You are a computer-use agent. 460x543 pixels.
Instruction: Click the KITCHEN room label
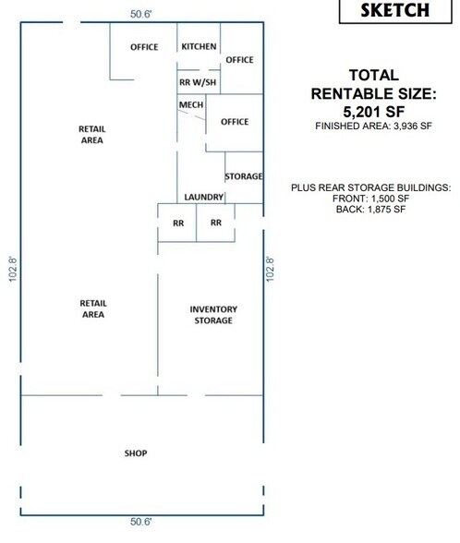[x=199, y=47]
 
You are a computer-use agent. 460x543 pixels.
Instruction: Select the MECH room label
[x=190, y=105]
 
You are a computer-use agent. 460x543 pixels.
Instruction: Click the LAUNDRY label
[x=203, y=197]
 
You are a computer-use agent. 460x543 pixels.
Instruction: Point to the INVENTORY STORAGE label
[x=213, y=315]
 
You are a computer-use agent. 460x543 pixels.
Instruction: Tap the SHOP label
[x=136, y=453]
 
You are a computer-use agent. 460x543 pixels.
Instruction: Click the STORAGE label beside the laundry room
[x=244, y=176]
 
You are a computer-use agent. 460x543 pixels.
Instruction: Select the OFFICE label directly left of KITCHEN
[x=144, y=47]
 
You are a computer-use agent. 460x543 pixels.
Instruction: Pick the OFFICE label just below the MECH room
[x=235, y=122]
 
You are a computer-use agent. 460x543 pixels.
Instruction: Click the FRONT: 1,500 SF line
[x=370, y=199]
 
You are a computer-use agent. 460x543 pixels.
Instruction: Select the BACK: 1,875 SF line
[x=370, y=211]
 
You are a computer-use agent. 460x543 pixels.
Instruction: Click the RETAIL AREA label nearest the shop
[x=91, y=308]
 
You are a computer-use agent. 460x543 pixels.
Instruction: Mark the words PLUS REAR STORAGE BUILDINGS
[x=370, y=187]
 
